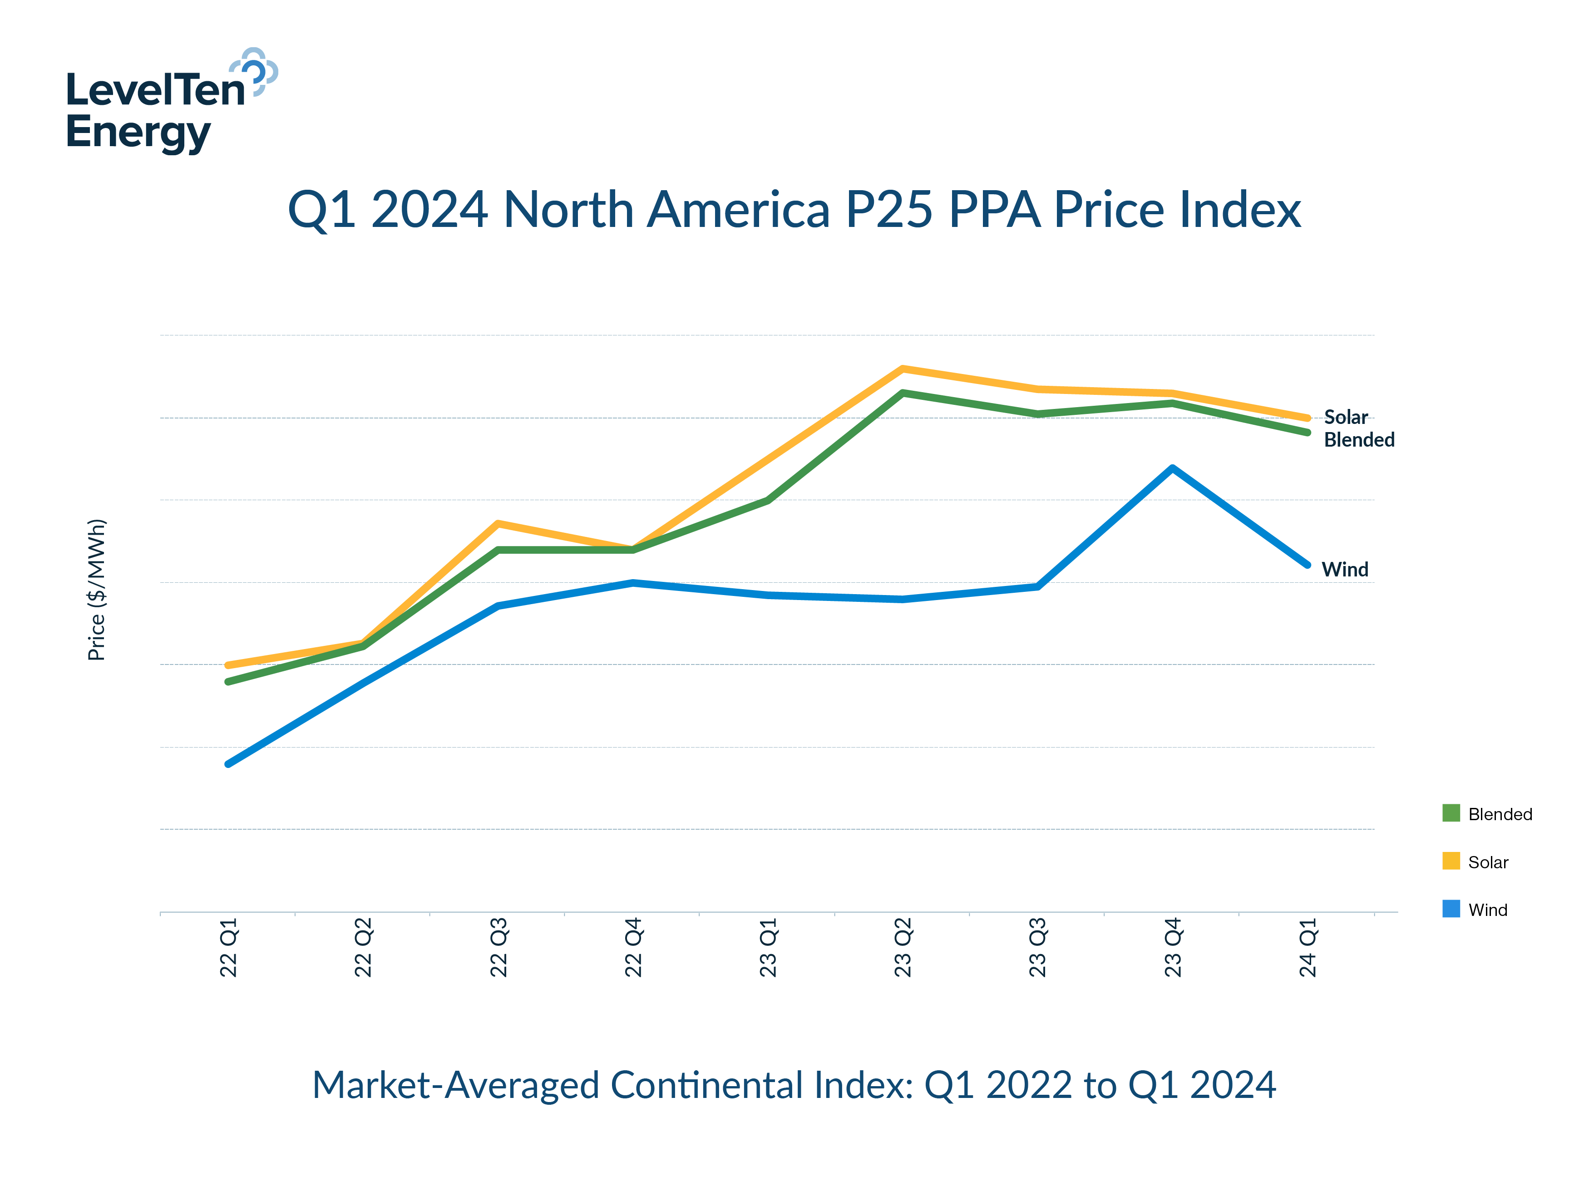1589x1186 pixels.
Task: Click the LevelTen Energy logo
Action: coord(171,100)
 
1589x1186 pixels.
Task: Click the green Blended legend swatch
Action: coord(1451,813)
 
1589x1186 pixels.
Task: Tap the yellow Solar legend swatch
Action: coord(1451,861)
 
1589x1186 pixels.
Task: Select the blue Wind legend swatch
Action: coord(1451,908)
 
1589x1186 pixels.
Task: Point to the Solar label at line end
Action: coord(1346,417)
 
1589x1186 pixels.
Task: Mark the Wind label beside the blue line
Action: coord(1344,569)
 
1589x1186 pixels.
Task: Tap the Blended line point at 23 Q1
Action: coord(768,500)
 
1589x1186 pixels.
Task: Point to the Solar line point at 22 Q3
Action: coord(498,523)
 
